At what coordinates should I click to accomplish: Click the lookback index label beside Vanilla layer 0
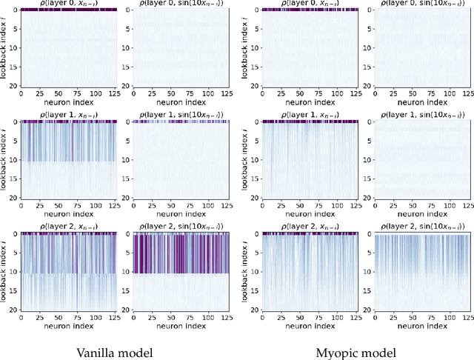(5, 48)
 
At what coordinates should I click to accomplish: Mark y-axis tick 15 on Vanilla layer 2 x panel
(15, 291)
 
